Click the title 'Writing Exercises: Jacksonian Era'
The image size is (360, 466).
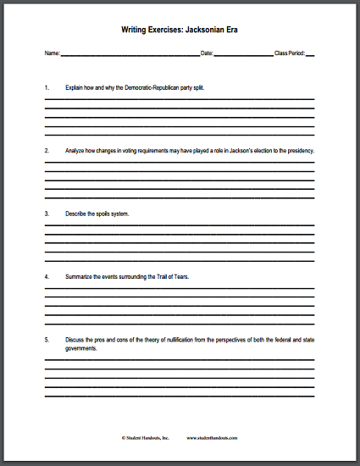[180, 28]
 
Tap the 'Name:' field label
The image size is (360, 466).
[52, 53]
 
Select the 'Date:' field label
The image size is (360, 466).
[207, 53]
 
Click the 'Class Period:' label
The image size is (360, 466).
[289, 53]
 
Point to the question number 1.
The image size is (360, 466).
[47, 87]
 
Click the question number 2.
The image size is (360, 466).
[47, 150]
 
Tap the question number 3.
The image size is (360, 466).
[47, 214]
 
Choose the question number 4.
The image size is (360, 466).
[47, 277]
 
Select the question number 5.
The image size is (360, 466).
[47, 340]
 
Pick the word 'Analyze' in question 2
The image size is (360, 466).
[75, 150]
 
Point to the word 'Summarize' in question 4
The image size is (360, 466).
[80, 277]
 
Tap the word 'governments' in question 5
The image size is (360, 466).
[84, 347]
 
